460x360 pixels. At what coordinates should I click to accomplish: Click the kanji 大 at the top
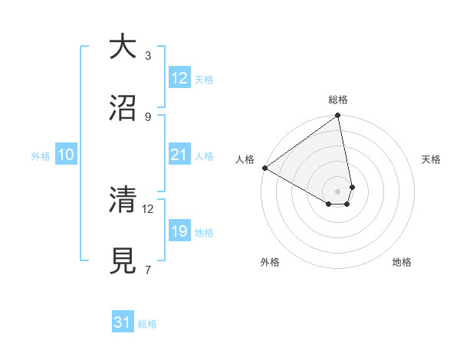click(x=123, y=47)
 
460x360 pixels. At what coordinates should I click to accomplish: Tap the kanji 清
click(x=123, y=200)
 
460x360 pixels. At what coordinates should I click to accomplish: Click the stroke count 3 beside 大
click(x=148, y=56)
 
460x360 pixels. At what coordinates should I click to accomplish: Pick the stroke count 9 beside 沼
click(x=148, y=116)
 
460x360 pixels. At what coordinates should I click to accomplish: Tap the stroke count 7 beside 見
click(x=148, y=269)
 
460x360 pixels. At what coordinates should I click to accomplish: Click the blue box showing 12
click(x=179, y=78)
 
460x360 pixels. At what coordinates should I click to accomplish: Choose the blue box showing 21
click(x=179, y=155)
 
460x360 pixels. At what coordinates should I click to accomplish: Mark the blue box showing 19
click(x=179, y=231)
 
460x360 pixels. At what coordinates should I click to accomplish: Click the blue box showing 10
click(x=66, y=155)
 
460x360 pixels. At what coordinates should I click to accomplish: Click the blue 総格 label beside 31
click(x=147, y=324)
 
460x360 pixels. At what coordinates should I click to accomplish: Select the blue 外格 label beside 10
click(x=41, y=156)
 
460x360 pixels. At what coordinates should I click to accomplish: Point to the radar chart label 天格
click(x=431, y=159)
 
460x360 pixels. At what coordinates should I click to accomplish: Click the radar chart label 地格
click(x=402, y=262)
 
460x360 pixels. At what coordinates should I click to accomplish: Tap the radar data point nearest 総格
click(x=338, y=116)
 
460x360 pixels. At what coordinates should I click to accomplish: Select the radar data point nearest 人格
click(x=264, y=168)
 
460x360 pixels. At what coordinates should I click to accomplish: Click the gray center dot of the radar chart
click(x=338, y=191)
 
